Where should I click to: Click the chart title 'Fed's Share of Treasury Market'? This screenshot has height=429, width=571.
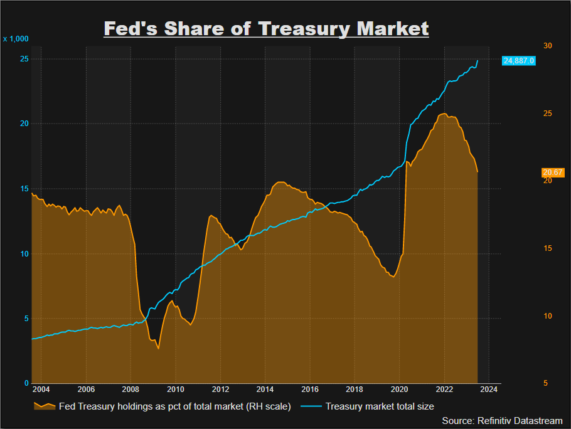point(266,28)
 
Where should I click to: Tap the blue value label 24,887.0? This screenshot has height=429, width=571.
point(518,61)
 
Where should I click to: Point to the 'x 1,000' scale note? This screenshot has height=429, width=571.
point(16,39)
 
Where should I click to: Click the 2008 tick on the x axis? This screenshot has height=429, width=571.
point(131,389)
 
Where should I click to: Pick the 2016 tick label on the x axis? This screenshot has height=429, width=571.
point(310,389)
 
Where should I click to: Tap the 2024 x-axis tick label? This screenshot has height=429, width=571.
point(489,389)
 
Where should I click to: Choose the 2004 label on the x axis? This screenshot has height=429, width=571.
point(41,389)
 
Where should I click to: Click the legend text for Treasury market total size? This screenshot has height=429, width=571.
point(380,406)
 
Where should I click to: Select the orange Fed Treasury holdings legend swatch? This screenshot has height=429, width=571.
point(44,406)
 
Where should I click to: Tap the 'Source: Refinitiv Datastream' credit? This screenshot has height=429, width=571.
point(502,420)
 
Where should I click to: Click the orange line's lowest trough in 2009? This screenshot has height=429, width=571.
point(158,348)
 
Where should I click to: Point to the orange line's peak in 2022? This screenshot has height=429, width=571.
point(444,114)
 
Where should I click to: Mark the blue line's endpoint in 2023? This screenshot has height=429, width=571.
point(478,61)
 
